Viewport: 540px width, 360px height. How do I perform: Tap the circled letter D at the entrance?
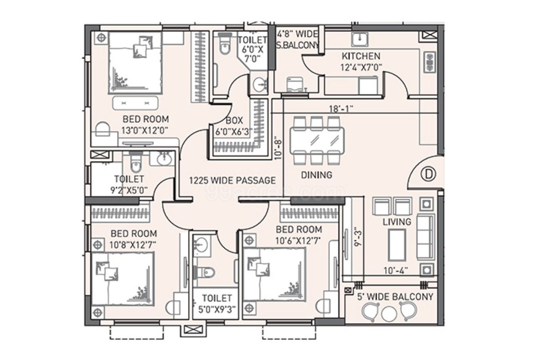pos(428,174)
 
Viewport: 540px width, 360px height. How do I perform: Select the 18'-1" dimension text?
pos(341,108)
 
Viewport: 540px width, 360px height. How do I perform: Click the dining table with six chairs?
pos(316,140)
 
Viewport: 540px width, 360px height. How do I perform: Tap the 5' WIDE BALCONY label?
pos(395,297)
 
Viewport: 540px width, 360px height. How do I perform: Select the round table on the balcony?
pos(388,314)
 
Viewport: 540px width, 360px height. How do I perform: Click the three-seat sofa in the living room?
pos(425,237)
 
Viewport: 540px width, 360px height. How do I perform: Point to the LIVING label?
pos(397,222)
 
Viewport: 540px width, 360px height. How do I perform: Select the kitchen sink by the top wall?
pos(360,39)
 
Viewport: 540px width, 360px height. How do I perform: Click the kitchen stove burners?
pos(430,61)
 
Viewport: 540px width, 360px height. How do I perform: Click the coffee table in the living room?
pos(397,244)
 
